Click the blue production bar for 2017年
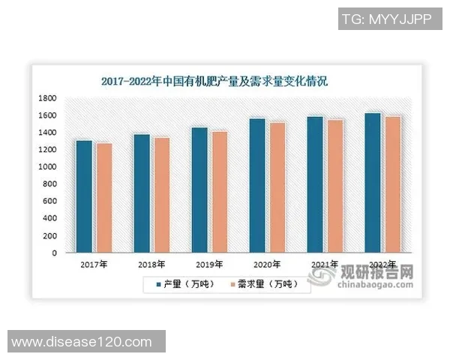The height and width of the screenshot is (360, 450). tap(84, 196)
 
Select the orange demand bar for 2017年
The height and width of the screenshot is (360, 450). tap(103, 198)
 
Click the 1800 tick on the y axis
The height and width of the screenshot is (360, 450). tap(48, 98)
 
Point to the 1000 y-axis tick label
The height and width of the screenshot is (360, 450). tap(48, 167)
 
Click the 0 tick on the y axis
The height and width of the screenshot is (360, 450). tap(55, 253)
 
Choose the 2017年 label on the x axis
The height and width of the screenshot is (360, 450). tap(94, 264)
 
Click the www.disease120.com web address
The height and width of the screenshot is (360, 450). tap(82, 342)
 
